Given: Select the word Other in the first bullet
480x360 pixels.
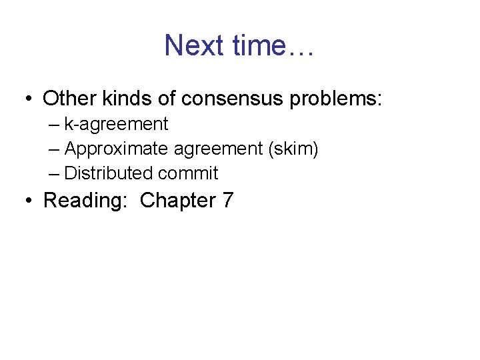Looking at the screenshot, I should pyautogui.click(x=69, y=99).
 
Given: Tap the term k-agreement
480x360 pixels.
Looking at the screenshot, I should pyautogui.click(x=116, y=124).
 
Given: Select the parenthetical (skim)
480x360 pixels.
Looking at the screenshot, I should pyautogui.click(x=293, y=149).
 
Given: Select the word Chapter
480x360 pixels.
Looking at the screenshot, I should pyautogui.click(x=175, y=200).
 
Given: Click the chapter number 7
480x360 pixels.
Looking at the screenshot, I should pyautogui.click(x=227, y=200).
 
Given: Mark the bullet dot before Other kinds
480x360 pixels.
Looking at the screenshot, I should pyautogui.click(x=28, y=100).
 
